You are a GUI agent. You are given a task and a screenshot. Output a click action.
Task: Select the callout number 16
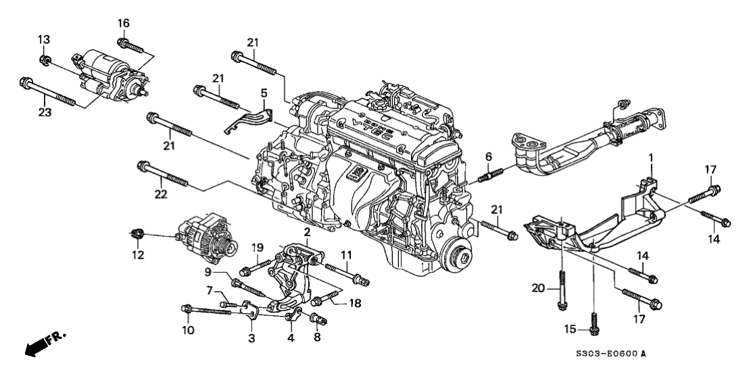tap(123, 24)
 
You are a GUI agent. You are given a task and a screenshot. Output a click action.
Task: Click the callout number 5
tap(264, 92)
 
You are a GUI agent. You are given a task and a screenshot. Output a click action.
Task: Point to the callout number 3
tap(251, 337)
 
